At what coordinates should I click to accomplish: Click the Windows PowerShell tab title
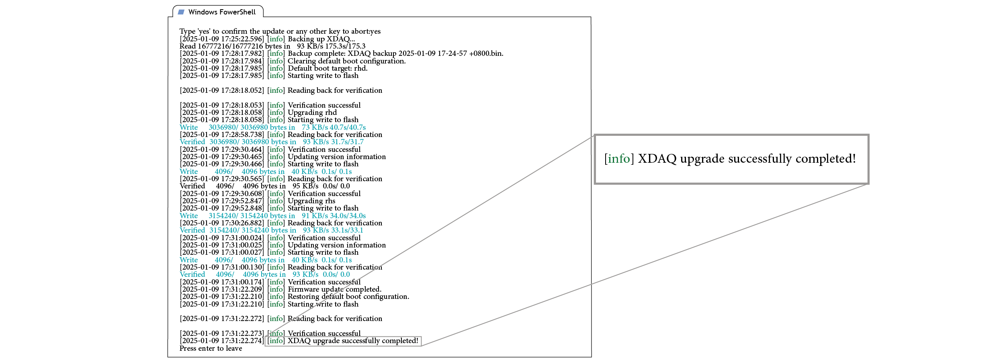pyautogui.click(x=222, y=12)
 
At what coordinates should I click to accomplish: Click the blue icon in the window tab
pyautogui.click(x=181, y=12)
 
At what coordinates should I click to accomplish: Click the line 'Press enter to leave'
pyautogui.click(x=211, y=348)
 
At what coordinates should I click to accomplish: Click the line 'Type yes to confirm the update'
pyautogui.click(x=280, y=31)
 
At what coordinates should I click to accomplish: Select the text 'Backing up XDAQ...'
pyautogui.click(x=321, y=39)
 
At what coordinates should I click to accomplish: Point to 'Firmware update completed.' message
pyautogui.click(x=334, y=289)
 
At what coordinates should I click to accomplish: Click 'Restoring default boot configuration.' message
pyautogui.click(x=348, y=297)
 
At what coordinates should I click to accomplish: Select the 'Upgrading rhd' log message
pyautogui.click(x=312, y=112)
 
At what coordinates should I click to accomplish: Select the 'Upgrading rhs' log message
pyautogui.click(x=311, y=201)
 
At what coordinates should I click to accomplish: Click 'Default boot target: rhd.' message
pyautogui.click(x=328, y=68)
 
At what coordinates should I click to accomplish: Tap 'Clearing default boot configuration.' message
pyautogui.click(x=346, y=61)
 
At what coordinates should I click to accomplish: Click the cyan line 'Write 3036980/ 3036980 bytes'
pyautogui.click(x=272, y=127)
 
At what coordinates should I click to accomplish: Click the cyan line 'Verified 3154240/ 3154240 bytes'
pyautogui.click(x=271, y=230)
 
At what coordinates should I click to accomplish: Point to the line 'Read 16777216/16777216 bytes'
pyautogui.click(x=272, y=46)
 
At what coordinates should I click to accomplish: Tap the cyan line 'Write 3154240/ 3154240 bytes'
pyautogui.click(x=272, y=216)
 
